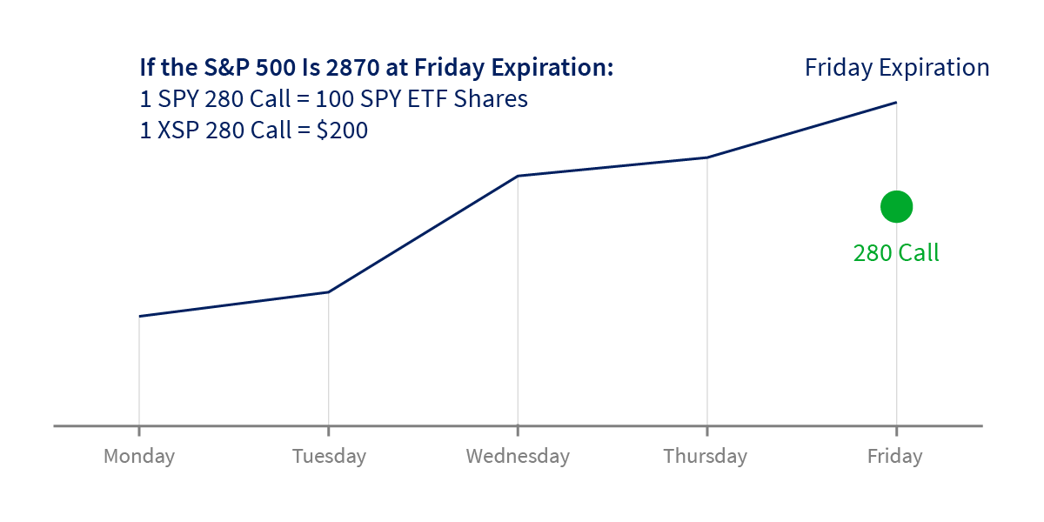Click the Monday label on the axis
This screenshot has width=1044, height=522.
click(x=139, y=456)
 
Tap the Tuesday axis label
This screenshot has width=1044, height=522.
click(x=329, y=456)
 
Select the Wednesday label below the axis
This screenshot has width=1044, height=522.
click(x=518, y=456)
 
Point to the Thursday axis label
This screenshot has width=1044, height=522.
click(x=705, y=456)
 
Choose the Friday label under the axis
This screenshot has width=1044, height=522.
click(x=894, y=456)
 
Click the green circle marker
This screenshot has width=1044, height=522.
click(x=896, y=207)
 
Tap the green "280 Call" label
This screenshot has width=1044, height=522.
click(x=896, y=253)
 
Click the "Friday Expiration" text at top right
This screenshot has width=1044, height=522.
click(x=897, y=68)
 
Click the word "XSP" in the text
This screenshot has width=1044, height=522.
click(x=177, y=130)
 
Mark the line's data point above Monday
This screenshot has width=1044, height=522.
click(x=139, y=316)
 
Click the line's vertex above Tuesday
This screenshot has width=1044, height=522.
click(x=328, y=292)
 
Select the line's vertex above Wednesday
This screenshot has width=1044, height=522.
click(x=518, y=176)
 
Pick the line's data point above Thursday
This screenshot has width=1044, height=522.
click(x=707, y=157)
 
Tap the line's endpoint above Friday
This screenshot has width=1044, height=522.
click(x=896, y=103)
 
